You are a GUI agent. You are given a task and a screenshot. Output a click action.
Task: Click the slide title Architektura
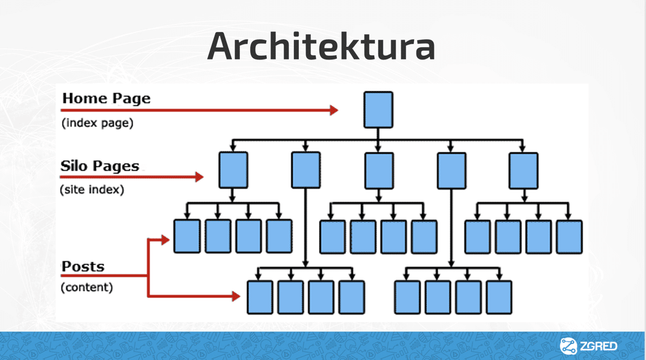coord(321,46)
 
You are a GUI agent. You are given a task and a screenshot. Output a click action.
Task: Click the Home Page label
coord(106,98)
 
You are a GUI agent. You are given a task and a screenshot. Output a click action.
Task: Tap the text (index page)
coord(97,123)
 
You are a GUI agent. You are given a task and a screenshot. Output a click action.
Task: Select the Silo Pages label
coord(100,166)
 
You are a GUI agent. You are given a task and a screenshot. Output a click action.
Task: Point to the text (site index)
coord(92,190)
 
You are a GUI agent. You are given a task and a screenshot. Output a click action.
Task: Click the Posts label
coord(83,267)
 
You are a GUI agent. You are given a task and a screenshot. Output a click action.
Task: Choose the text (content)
coord(87,287)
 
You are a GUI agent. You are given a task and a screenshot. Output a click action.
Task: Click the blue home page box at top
coord(378,110)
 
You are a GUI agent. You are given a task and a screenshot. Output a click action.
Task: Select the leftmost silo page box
coord(233,170)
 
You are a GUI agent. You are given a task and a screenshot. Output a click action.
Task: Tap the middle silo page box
coord(379,170)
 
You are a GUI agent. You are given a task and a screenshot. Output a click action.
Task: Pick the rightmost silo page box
coord(523,170)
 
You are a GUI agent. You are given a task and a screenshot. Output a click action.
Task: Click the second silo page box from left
coord(306,170)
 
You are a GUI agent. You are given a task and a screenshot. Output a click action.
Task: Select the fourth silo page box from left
coord(451,170)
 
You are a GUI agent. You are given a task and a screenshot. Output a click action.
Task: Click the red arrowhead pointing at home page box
coord(334,110)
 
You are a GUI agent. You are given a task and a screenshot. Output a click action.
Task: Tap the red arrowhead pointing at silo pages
coord(199,177)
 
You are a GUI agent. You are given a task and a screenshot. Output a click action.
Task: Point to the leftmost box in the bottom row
coord(260,297)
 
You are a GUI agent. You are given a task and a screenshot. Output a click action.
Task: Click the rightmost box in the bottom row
coord(499,297)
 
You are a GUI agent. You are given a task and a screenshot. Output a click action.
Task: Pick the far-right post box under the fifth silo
coord(569,237)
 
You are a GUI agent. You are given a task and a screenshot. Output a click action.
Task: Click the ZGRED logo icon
coord(568,346)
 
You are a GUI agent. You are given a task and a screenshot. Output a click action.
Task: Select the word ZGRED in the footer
coord(598,347)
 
